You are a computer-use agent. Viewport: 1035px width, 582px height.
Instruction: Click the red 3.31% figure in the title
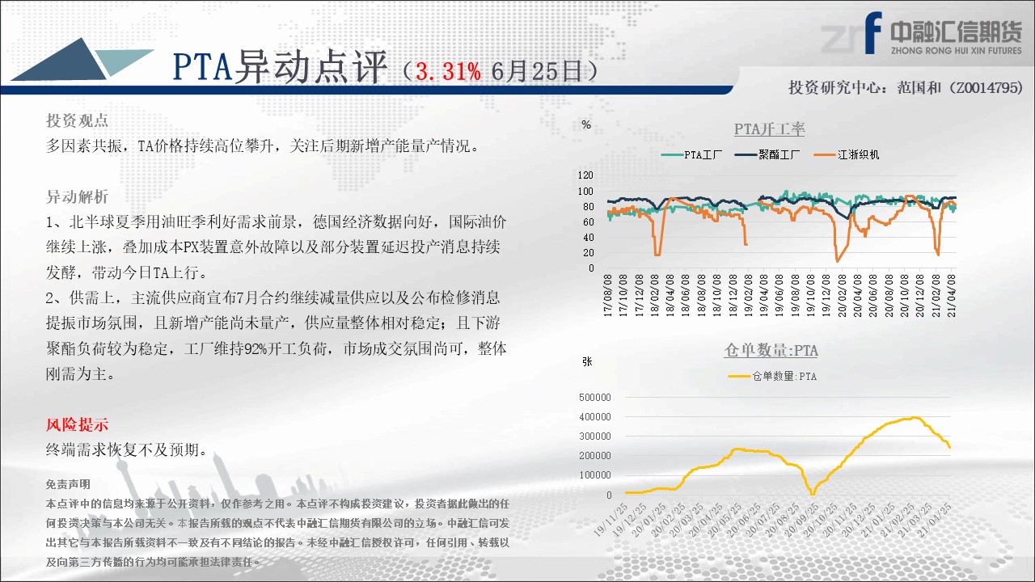point(448,72)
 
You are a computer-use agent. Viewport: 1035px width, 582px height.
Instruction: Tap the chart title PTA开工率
point(769,129)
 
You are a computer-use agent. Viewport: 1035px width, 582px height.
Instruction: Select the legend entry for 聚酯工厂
point(767,154)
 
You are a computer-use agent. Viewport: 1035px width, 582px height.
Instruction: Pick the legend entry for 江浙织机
point(847,154)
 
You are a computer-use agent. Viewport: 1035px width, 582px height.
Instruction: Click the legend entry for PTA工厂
point(691,154)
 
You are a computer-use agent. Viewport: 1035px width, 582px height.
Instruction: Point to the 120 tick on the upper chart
point(585,175)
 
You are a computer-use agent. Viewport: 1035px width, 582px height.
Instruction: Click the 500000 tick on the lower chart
point(594,397)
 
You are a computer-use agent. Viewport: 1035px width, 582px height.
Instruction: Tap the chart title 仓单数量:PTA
point(771,350)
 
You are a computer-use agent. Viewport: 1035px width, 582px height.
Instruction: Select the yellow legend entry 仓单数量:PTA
point(772,377)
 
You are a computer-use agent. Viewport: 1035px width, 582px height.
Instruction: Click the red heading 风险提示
point(77,424)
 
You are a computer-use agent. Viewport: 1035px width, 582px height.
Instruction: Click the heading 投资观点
point(77,120)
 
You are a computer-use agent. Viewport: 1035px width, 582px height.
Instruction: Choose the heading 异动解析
point(77,196)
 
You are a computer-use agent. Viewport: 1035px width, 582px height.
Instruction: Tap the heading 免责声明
point(68,484)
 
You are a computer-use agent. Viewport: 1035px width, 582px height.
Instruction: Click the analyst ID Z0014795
point(986,87)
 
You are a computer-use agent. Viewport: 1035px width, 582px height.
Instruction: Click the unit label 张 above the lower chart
point(587,361)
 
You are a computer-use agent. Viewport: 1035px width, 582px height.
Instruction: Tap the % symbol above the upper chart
point(586,124)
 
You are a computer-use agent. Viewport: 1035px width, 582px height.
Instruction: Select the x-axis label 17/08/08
point(608,296)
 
